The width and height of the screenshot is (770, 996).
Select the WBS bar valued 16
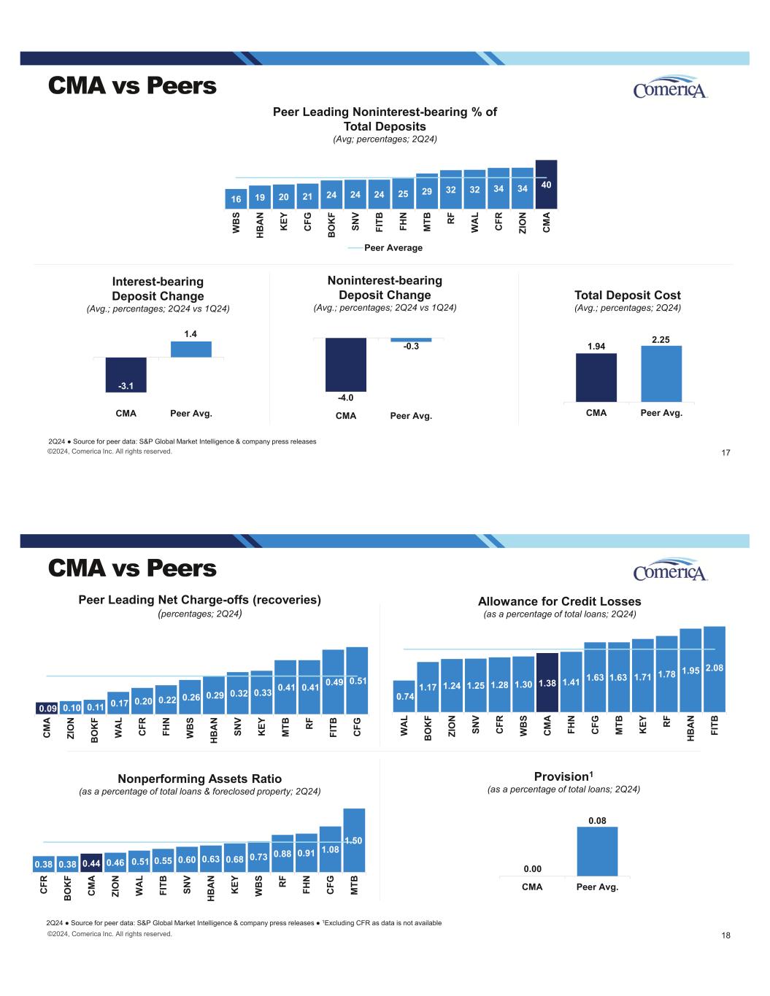point(236,198)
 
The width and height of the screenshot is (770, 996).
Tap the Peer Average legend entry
point(385,248)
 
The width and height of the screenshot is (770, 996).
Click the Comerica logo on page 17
point(670,88)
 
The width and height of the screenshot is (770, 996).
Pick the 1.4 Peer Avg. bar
point(191,350)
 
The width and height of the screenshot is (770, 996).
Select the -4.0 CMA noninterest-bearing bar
point(345,365)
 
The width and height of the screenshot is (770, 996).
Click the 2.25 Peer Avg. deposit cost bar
point(661,374)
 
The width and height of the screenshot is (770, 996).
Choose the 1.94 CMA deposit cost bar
point(596,377)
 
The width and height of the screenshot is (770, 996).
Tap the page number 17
point(725,453)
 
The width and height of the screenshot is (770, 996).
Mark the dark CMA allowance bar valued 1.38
point(547,682)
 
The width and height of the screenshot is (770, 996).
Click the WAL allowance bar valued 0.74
point(404,696)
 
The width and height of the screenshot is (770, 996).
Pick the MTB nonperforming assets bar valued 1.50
point(354,841)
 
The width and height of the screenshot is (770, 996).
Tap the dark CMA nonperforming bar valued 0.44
point(92,863)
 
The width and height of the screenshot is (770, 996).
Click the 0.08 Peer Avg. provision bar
point(597,852)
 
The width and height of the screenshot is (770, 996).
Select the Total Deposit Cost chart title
point(628,296)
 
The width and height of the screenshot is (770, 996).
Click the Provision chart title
point(563,776)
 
